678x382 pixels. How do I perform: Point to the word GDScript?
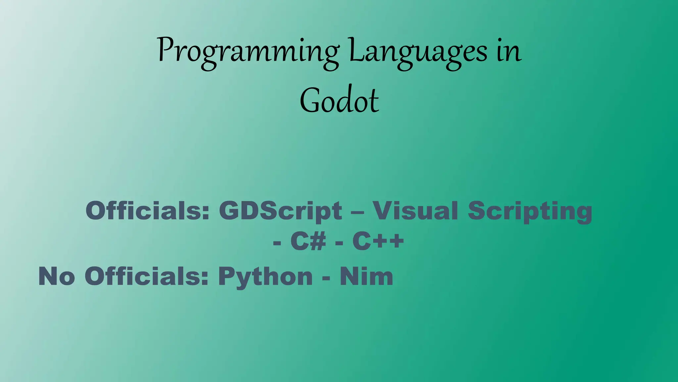[x=280, y=211]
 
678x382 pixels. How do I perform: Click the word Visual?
[x=415, y=211]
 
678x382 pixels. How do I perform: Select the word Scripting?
[x=530, y=211]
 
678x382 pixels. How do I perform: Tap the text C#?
[x=308, y=241]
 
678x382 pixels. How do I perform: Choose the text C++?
[x=378, y=241]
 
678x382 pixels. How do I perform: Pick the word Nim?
[x=366, y=276]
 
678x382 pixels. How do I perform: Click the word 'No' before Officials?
[x=57, y=276]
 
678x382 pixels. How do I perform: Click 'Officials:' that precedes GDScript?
[x=148, y=211]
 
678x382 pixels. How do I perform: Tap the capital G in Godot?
[x=310, y=100]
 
